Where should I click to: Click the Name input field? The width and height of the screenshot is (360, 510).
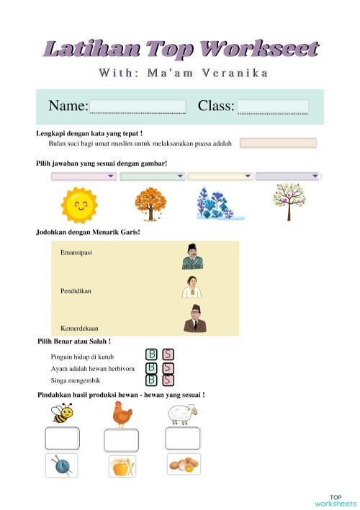[x=137, y=107]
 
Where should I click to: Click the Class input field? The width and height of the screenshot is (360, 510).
[x=273, y=107]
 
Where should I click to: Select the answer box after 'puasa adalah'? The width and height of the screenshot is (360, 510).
[x=278, y=143]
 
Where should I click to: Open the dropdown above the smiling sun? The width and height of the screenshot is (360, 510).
[x=84, y=176]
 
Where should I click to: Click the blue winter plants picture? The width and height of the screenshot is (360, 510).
[x=219, y=204]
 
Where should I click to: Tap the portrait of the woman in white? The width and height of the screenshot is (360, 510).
[x=192, y=287]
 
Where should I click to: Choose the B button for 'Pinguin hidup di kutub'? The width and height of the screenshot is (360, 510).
[x=152, y=354]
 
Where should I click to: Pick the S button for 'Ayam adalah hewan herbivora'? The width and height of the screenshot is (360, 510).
[x=168, y=367]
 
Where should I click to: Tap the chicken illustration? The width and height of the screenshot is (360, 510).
[x=122, y=413]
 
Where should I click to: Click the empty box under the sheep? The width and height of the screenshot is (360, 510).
[x=183, y=439]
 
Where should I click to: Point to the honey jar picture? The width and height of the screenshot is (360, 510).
[x=121, y=467]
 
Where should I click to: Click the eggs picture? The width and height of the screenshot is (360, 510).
[x=183, y=465]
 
